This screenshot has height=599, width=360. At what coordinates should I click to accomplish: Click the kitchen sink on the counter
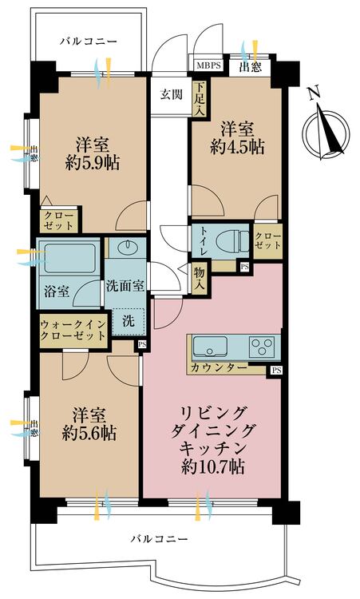click(210, 347)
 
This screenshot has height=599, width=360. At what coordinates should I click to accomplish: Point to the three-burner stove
click(262, 347)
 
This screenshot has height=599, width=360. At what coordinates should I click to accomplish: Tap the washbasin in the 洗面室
click(125, 251)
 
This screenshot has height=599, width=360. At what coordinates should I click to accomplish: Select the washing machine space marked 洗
click(128, 322)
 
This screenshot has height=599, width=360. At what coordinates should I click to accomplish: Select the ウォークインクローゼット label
click(73, 330)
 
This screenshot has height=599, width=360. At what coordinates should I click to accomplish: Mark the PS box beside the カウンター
click(275, 371)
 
